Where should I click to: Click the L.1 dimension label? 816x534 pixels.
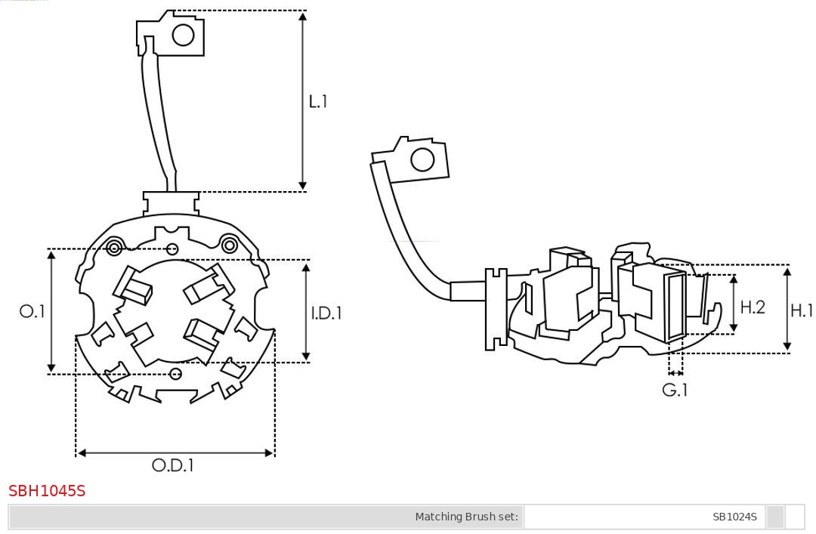pyautogui.click(x=318, y=101)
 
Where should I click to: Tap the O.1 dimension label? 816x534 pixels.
pyautogui.click(x=32, y=311)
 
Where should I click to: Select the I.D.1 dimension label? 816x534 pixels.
pyautogui.click(x=326, y=312)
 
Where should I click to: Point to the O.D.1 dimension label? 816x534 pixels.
pyautogui.click(x=173, y=465)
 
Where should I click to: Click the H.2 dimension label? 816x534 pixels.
pyautogui.click(x=753, y=307)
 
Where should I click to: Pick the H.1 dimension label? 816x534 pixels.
pyautogui.click(x=802, y=310)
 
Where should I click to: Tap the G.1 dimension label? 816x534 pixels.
pyautogui.click(x=675, y=390)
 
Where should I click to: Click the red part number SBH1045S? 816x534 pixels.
pyautogui.click(x=47, y=491)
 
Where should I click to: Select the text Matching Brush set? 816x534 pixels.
pyautogui.click(x=467, y=517)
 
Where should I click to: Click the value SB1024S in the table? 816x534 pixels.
pyautogui.click(x=734, y=517)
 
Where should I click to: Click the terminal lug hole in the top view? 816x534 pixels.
pyautogui.click(x=184, y=35)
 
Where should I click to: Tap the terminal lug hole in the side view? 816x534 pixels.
pyautogui.click(x=422, y=160)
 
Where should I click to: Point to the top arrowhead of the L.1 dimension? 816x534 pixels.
pyautogui.click(x=303, y=15)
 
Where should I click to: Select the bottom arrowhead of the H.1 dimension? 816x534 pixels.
pyautogui.click(x=787, y=348)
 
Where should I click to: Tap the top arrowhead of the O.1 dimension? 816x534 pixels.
pyautogui.click(x=51, y=255)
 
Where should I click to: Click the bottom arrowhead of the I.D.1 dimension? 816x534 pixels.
pyautogui.click(x=306, y=357)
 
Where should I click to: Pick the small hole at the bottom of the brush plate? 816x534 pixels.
pyautogui.click(x=176, y=373)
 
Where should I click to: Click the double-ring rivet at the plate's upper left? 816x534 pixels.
pyautogui.click(x=115, y=247)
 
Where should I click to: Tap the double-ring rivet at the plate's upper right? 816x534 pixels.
pyautogui.click(x=228, y=244)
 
